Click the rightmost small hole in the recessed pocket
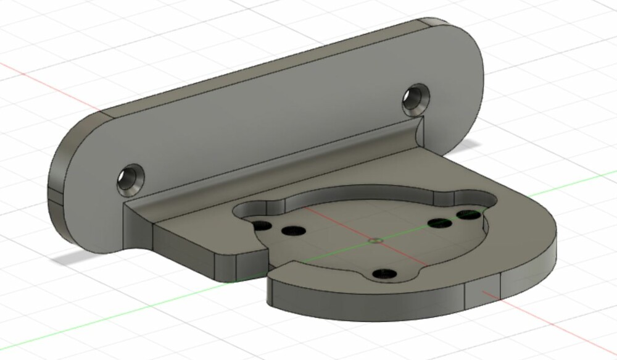click(468, 214)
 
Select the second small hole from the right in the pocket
click(439, 222)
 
